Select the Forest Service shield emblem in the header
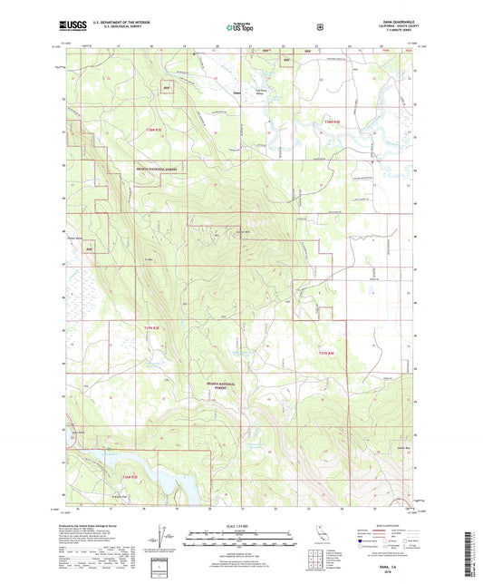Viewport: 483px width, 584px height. [x=320, y=27]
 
